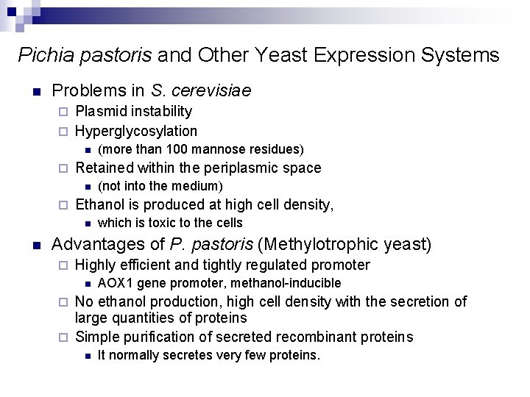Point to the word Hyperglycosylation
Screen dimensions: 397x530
(136, 132)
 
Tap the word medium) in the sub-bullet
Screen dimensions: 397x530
(199, 187)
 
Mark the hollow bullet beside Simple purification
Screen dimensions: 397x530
(63, 338)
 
